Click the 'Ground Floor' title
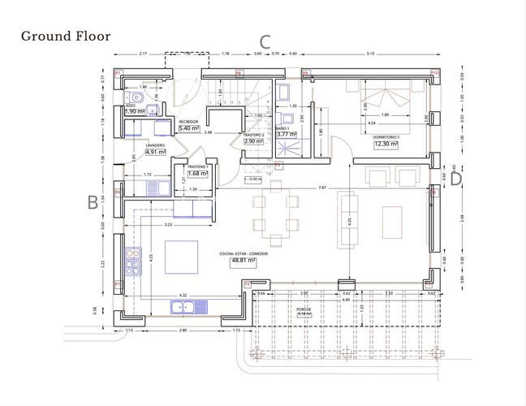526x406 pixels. click(65, 36)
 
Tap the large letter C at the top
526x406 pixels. click(264, 42)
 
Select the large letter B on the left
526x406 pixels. click(93, 201)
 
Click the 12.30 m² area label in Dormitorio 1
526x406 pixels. click(386, 144)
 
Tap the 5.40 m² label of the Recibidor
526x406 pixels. click(188, 128)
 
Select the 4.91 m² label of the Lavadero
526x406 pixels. click(155, 151)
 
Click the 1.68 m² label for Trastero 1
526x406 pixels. click(196, 173)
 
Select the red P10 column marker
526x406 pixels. click(434, 74)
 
